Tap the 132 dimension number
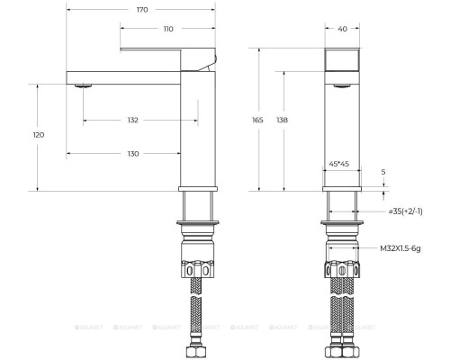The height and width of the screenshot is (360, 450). click(x=133, y=119)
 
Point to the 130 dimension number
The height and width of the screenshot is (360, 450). click(x=133, y=154)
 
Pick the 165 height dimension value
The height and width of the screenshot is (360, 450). click(x=257, y=119)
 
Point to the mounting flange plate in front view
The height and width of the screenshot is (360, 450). click(x=342, y=221)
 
